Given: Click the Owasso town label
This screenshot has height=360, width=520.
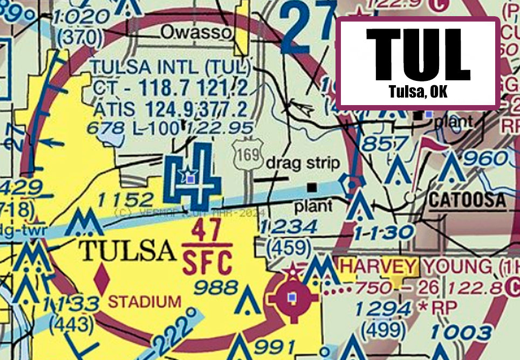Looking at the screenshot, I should [x=196, y=33].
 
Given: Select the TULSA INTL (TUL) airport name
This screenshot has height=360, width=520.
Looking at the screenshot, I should [x=171, y=68].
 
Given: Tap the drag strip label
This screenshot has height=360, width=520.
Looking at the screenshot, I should [x=304, y=163].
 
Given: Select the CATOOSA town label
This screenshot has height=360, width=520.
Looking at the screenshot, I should [x=467, y=200].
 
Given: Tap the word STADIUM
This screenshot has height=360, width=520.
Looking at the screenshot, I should [x=145, y=301].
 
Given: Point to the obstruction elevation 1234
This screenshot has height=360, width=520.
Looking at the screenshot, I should [x=288, y=227].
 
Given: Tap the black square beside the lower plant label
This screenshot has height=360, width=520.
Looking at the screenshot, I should [x=312, y=187].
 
